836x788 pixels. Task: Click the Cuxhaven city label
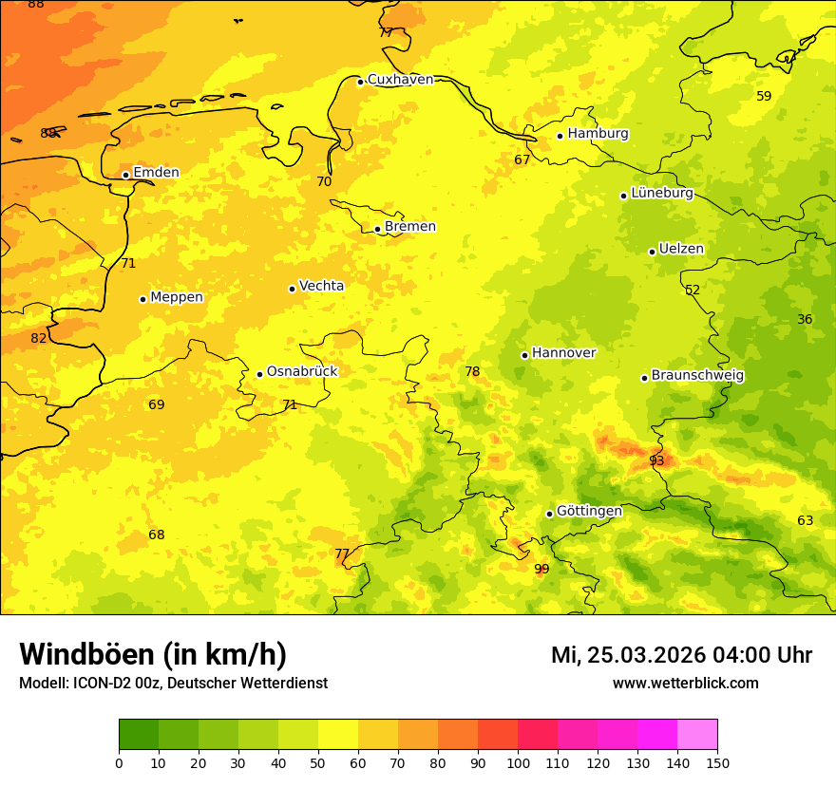tap(400, 80)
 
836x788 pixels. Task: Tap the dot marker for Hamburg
tap(560, 136)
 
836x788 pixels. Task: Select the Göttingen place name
tap(589, 512)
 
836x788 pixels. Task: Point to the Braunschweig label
tap(697, 376)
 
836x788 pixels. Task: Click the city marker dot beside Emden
tap(125, 175)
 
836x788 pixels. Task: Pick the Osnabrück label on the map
tap(302, 372)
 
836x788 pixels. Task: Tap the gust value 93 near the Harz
tap(656, 461)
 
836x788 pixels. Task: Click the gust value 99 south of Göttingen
tap(541, 570)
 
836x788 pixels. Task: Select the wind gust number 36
tap(805, 320)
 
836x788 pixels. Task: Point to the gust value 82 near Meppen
tap(39, 339)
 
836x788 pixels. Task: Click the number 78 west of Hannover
tap(472, 372)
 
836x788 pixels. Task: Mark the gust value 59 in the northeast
tap(764, 96)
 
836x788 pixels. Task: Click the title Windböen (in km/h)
tap(153, 654)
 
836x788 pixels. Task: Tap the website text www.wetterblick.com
tap(685, 684)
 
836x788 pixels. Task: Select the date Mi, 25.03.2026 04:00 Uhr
tap(681, 655)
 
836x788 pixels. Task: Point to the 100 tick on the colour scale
tap(518, 762)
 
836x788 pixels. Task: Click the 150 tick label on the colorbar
tap(717, 762)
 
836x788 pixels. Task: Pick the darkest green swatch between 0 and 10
tap(139, 735)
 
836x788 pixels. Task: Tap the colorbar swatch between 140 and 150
tap(697, 735)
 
